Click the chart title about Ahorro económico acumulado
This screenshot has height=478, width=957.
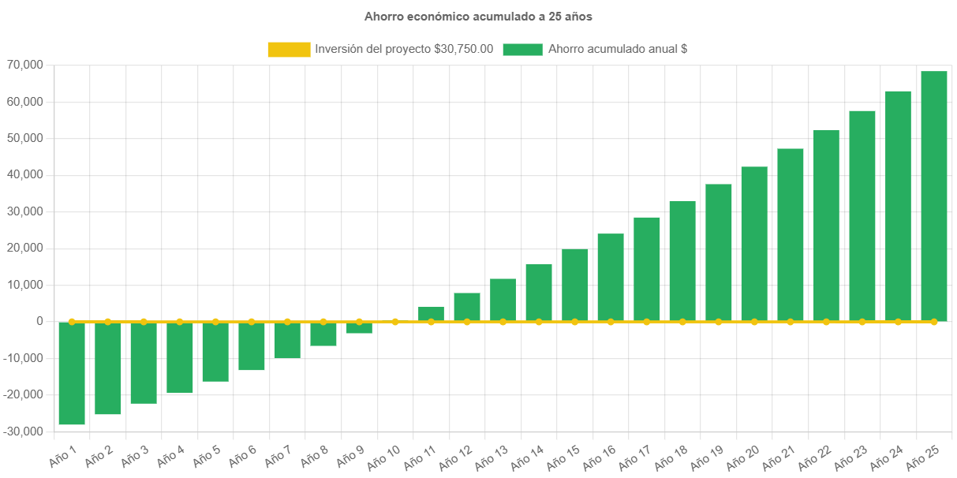(x=478, y=17)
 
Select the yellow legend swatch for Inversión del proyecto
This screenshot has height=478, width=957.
(x=289, y=49)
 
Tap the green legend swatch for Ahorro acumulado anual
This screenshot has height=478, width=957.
(x=522, y=49)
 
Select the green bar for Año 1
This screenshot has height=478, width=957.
(x=72, y=373)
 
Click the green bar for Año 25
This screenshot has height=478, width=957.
(x=933, y=196)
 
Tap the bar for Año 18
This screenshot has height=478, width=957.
(x=682, y=261)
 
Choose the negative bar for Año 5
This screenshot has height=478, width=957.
(x=215, y=352)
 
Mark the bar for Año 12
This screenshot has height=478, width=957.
(x=467, y=307)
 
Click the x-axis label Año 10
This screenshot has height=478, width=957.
(x=385, y=457)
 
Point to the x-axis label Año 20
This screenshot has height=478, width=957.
(x=743, y=457)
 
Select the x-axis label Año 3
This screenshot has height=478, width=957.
(x=134, y=455)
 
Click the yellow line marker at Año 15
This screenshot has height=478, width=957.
(x=574, y=322)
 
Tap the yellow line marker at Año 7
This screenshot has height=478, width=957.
(x=287, y=322)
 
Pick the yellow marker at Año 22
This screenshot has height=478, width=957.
(x=826, y=322)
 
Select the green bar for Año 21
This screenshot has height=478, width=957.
(x=790, y=235)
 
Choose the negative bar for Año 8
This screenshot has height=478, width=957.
(x=323, y=334)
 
